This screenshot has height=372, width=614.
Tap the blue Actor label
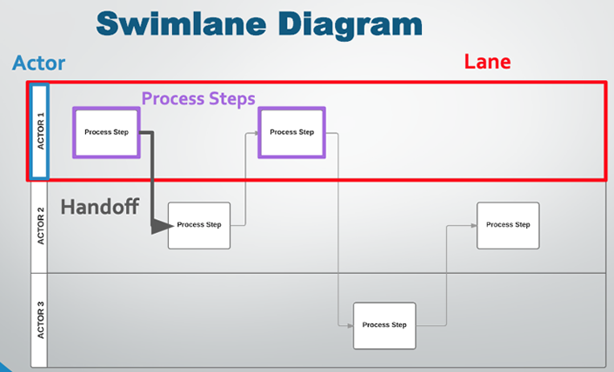click(38, 63)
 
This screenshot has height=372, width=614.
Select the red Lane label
click(487, 62)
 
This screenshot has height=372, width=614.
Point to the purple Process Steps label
click(198, 98)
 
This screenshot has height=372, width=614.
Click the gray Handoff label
click(101, 207)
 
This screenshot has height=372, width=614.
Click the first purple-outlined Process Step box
click(106, 132)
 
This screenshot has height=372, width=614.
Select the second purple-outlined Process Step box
click(292, 132)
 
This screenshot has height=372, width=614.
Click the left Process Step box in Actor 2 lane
click(199, 225)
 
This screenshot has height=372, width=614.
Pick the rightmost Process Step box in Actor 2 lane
click(508, 225)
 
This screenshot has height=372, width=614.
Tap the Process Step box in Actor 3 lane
click(384, 325)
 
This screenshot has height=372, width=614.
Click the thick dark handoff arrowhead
click(159, 226)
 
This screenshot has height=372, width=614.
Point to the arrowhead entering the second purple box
click(255, 133)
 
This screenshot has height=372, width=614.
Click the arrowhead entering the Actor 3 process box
click(349, 325)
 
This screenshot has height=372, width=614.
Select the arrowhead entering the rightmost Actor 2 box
click(473, 225)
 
